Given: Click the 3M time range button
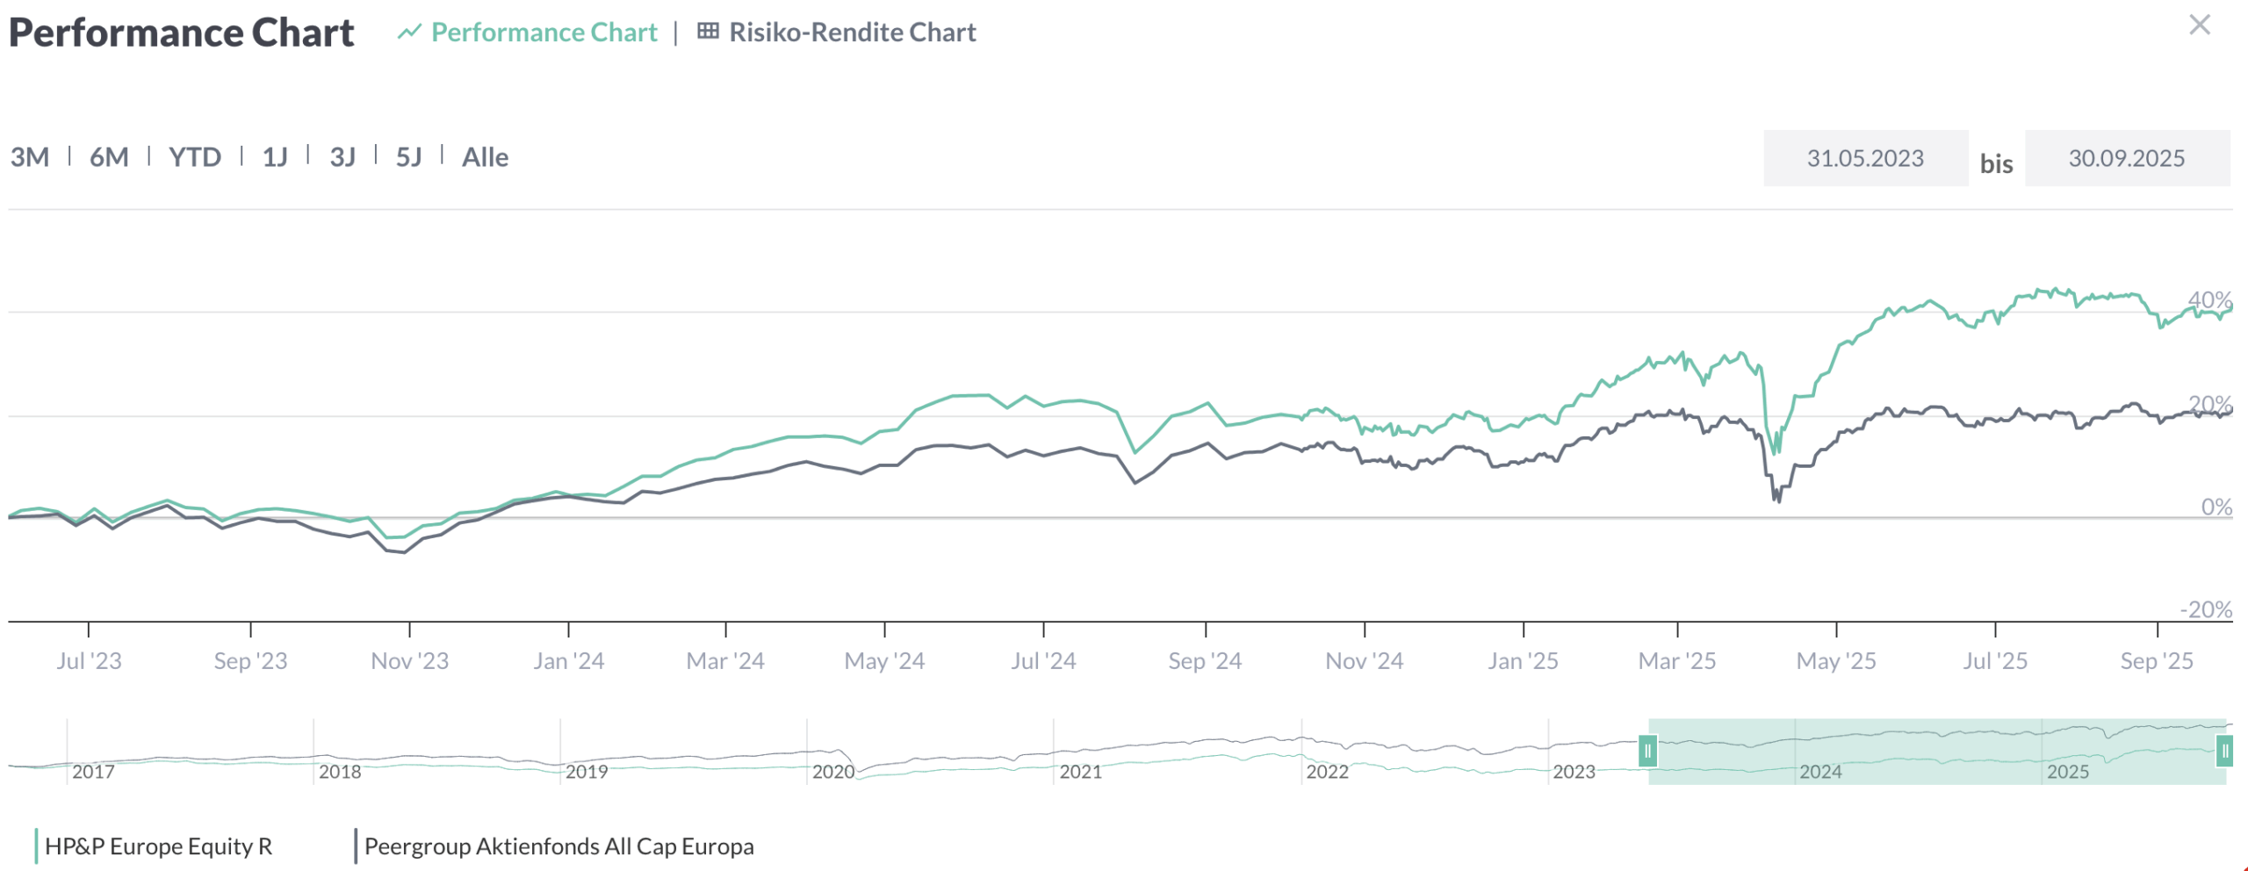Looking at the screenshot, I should coord(30,157).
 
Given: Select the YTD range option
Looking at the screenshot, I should coord(195,157).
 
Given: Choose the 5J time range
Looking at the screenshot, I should coord(408,157).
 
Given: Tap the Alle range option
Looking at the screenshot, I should coord(485,157).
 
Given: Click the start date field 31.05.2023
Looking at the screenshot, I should coord(1865,158).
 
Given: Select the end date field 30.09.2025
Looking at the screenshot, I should coord(2126,158).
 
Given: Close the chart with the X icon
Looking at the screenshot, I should coord(2199,25).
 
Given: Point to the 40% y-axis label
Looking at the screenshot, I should coord(2209,299).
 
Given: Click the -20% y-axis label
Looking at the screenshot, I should coord(2205,609).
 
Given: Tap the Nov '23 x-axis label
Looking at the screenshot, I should coord(409,660).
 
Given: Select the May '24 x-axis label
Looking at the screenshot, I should coord(884,660).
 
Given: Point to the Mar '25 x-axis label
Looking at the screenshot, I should coord(1676,660).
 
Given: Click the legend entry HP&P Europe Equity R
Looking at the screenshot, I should coord(158,846).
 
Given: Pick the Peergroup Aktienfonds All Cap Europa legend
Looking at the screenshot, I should coord(558,846).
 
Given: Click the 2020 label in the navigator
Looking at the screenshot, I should coord(832,772).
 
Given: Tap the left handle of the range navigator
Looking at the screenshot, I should coord(1647,752).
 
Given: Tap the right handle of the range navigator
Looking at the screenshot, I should coord(2224,752).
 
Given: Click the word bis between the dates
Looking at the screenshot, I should coord(1996,164).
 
